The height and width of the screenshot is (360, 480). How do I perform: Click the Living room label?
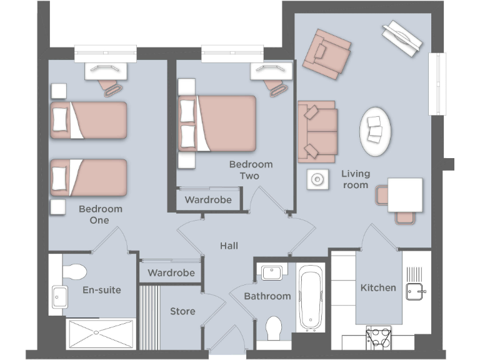click(354, 179)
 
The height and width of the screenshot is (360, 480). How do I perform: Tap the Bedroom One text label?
click(100, 214)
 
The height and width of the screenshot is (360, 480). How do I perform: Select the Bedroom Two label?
click(250, 170)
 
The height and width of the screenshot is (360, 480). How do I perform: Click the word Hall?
click(229, 246)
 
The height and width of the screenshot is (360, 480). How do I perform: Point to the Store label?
click(182, 311)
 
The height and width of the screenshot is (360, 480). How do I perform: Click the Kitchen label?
click(378, 287)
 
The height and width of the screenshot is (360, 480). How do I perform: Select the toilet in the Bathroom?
click(274, 327)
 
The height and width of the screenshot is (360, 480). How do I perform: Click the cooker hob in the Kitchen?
click(378, 337)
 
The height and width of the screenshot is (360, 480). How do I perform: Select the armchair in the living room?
click(326, 53)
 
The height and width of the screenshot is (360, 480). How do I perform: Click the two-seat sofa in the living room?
click(317, 130)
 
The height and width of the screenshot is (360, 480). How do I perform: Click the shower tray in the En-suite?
click(101, 334)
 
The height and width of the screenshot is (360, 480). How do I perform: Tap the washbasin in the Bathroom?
click(272, 272)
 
